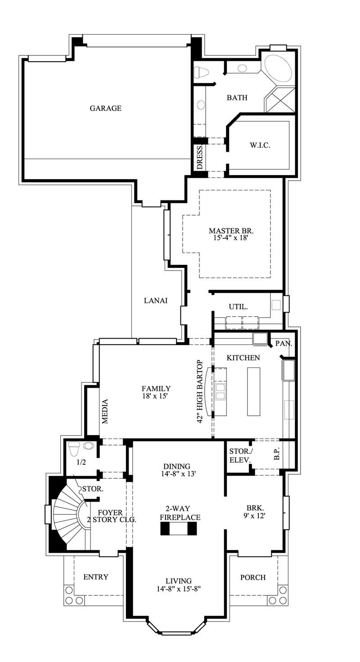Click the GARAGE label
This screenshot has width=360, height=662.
[x=105, y=108]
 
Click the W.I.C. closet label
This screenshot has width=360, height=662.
[x=260, y=145]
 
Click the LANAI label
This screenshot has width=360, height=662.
[x=156, y=301]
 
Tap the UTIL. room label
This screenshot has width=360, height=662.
[x=238, y=307]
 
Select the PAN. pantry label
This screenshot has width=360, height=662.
[x=283, y=344]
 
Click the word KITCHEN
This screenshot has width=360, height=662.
[x=243, y=358]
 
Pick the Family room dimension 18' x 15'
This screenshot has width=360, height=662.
[x=156, y=396]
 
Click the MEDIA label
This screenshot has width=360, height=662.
[x=105, y=411]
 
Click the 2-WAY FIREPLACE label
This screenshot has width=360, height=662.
[x=180, y=513]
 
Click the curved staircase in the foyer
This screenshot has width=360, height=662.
[x=67, y=513]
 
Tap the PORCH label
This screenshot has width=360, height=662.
[x=252, y=577]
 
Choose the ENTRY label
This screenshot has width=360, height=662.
[x=96, y=577]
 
